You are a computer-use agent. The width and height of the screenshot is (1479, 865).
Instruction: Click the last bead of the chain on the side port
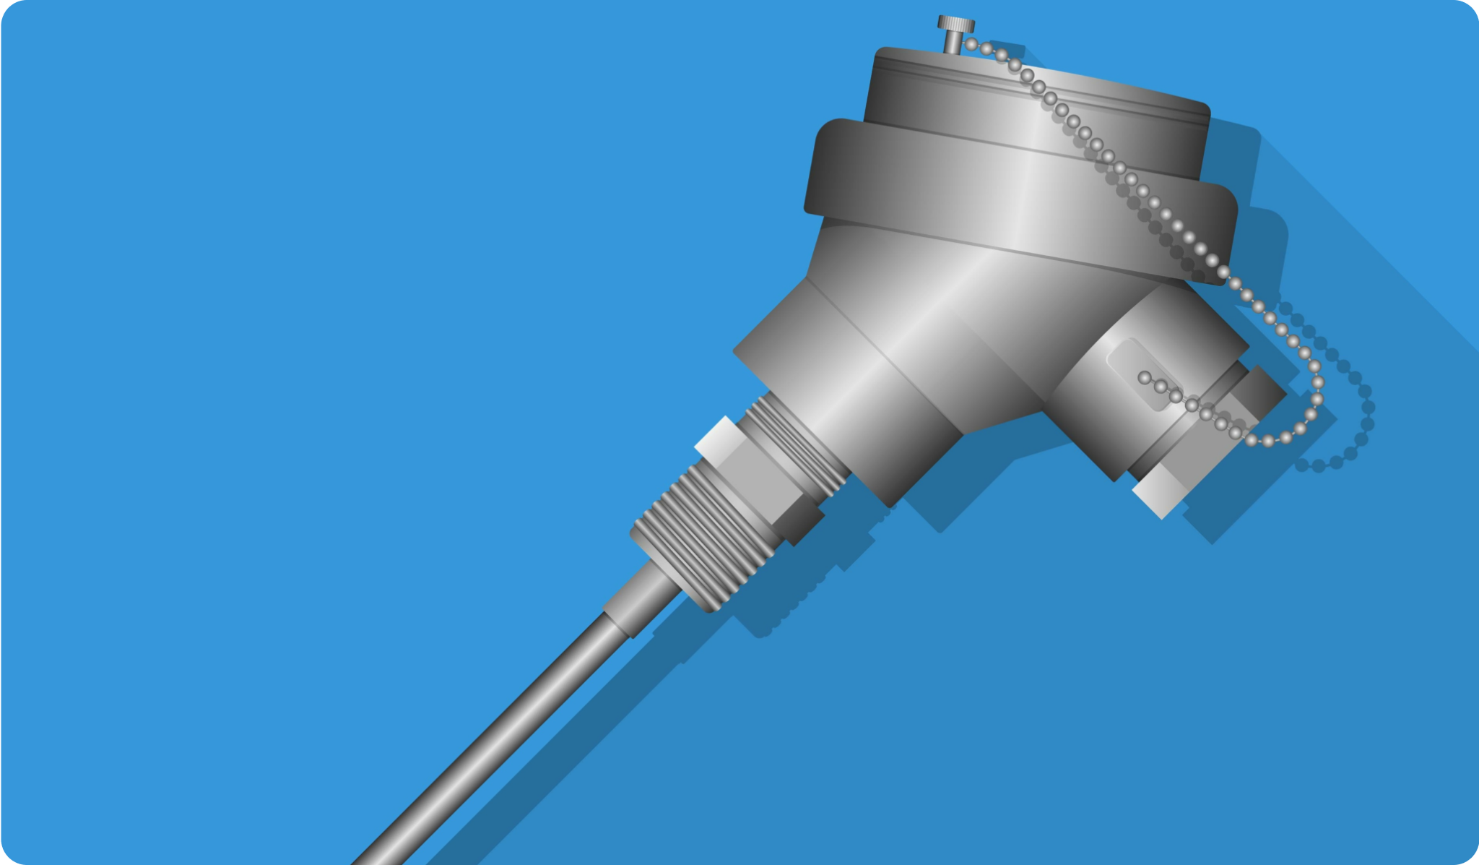click(1144, 377)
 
